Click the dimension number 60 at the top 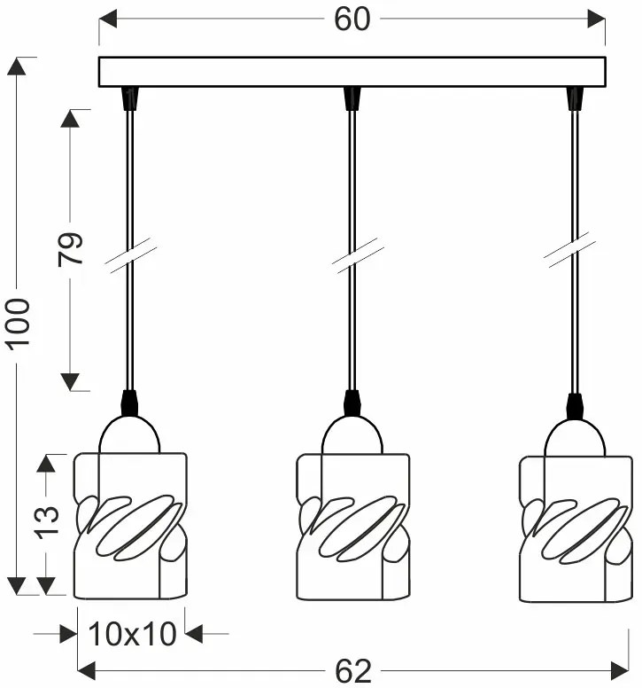click(352, 20)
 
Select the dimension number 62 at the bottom click(352, 671)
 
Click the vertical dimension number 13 click(47, 521)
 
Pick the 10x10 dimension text click(133, 634)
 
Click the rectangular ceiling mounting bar click(352, 72)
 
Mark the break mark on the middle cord click(352, 253)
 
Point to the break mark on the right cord click(576, 253)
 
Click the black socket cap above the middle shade click(352, 404)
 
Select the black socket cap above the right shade click(576, 404)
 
